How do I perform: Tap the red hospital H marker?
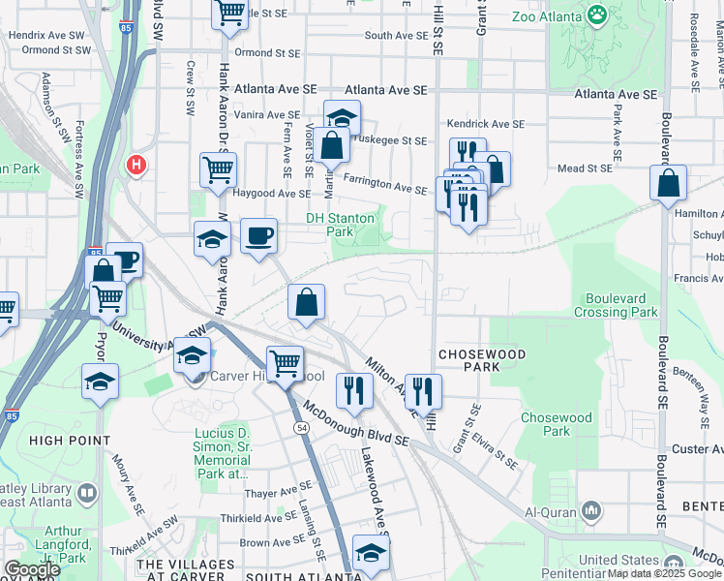[x=136, y=165]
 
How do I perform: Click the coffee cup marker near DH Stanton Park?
[x=258, y=235]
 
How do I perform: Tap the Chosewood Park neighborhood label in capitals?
[x=481, y=360]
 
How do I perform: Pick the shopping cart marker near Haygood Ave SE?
[x=218, y=169]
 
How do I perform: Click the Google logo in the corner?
[x=32, y=569]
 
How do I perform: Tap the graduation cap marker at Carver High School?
[x=193, y=355]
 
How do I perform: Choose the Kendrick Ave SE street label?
[x=485, y=124]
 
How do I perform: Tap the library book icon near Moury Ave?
[x=86, y=494]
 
